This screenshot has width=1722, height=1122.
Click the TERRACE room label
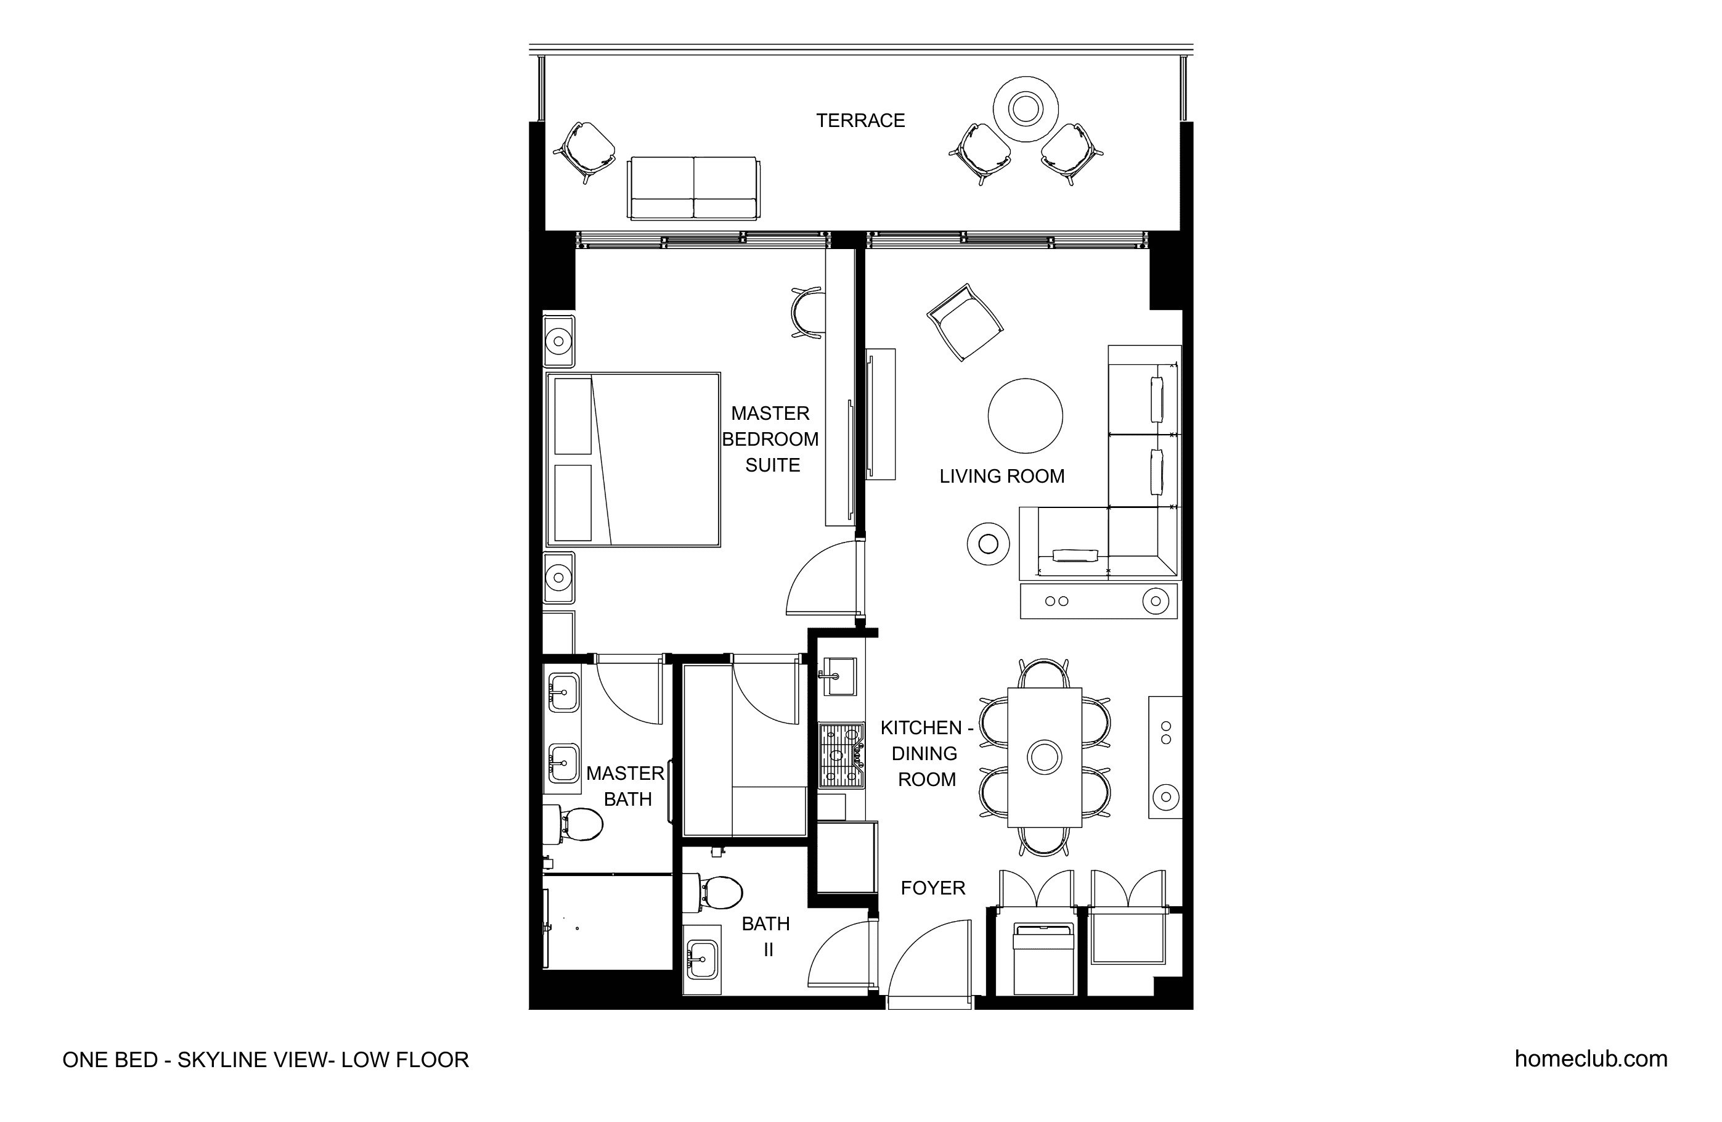(x=860, y=120)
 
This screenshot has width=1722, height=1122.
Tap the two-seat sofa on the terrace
(x=694, y=188)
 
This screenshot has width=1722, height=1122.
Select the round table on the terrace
(x=1025, y=109)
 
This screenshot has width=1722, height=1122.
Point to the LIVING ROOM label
(x=1002, y=477)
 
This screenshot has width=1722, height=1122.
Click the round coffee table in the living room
(x=1025, y=416)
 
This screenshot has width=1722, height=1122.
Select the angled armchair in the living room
(x=965, y=322)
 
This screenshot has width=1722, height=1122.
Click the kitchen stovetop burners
(x=841, y=756)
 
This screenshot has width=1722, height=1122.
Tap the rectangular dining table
(x=1044, y=757)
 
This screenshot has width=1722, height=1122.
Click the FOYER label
(x=932, y=888)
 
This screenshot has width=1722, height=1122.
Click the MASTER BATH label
(x=626, y=786)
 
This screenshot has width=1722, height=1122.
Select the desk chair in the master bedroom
(x=807, y=313)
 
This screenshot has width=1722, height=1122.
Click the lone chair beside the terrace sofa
(x=585, y=153)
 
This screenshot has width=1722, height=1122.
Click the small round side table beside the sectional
(x=989, y=544)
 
